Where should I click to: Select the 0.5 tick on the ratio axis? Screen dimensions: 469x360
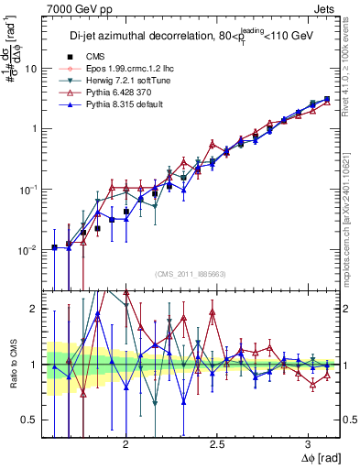(32, 420)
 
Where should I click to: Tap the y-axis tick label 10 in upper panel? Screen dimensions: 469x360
(32, 69)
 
